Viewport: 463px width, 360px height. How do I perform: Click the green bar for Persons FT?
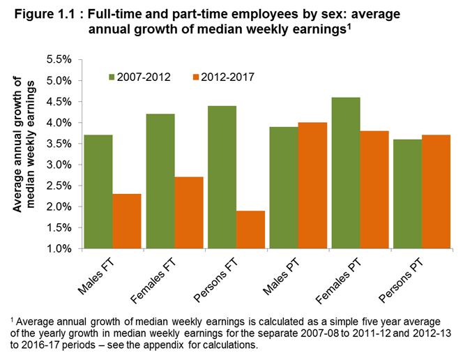tap(222, 177)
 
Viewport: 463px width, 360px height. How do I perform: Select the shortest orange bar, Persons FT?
tap(250, 230)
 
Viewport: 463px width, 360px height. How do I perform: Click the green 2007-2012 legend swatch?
tap(113, 77)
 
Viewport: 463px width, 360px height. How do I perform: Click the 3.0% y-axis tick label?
tap(59, 165)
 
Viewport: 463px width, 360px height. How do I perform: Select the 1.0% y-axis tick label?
tap(59, 248)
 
